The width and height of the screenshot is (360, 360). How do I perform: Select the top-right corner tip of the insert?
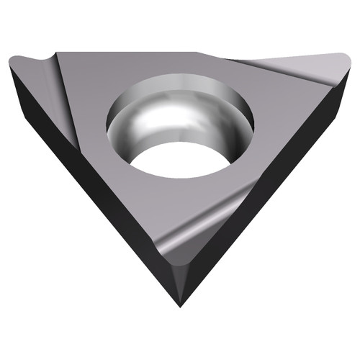click(347, 58)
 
